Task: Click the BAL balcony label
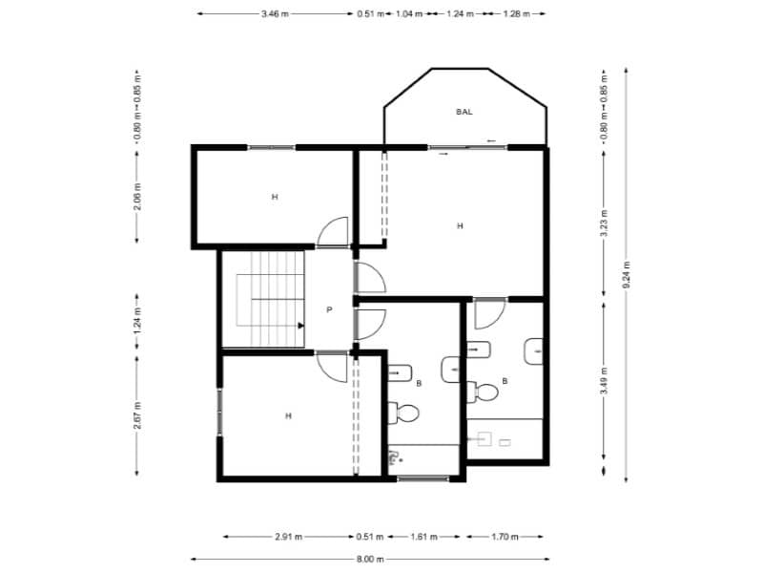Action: coord(464,112)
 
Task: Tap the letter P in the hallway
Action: coord(329,309)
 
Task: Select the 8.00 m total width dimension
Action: coord(370,559)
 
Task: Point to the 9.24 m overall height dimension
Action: coord(626,274)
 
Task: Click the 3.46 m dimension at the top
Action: coord(275,14)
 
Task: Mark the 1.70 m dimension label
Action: coord(505,536)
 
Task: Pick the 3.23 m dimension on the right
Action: coord(604,222)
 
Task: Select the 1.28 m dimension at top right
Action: coord(515,14)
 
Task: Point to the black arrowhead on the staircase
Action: coord(300,326)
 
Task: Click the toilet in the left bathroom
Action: coord(405,413)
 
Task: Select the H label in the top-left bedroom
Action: coord(274,197)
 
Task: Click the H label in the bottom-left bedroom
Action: coord(287,415)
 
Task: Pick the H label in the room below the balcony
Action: coord(460,226)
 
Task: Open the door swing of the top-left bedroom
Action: coord(334,232)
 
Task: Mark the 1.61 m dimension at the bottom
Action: coord(424,536)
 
